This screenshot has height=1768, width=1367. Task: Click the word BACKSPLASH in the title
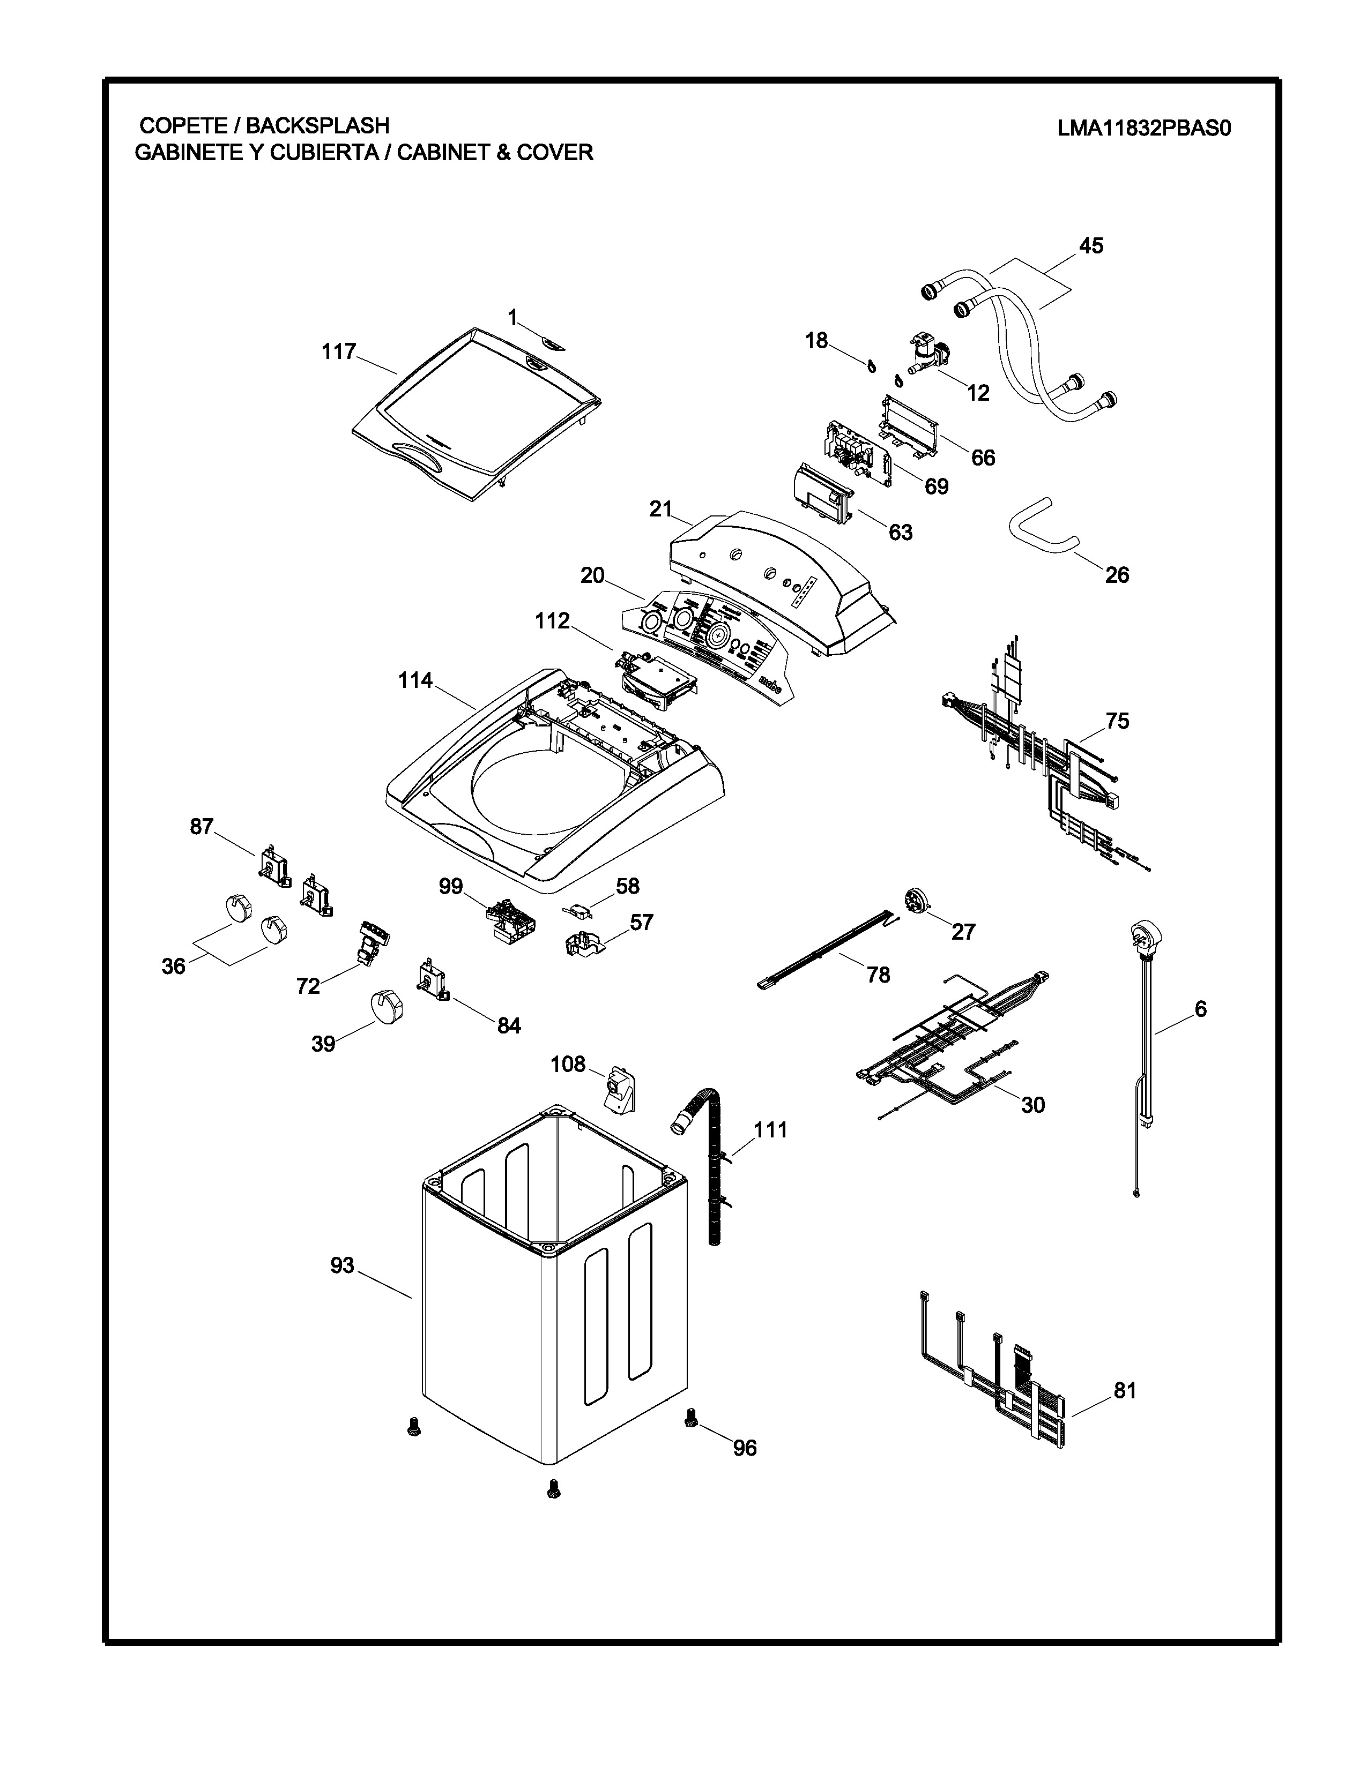pos(317,125)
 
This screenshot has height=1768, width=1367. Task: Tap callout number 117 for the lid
pos(338,351)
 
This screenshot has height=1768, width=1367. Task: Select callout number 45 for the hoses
pos(1091,245)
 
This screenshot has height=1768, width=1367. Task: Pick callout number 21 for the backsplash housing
pos(661,509)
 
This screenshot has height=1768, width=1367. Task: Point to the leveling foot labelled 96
pos(691,1417)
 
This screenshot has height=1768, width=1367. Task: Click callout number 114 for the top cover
pos(415,681)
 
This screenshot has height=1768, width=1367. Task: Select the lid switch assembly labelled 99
pos(507,919)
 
